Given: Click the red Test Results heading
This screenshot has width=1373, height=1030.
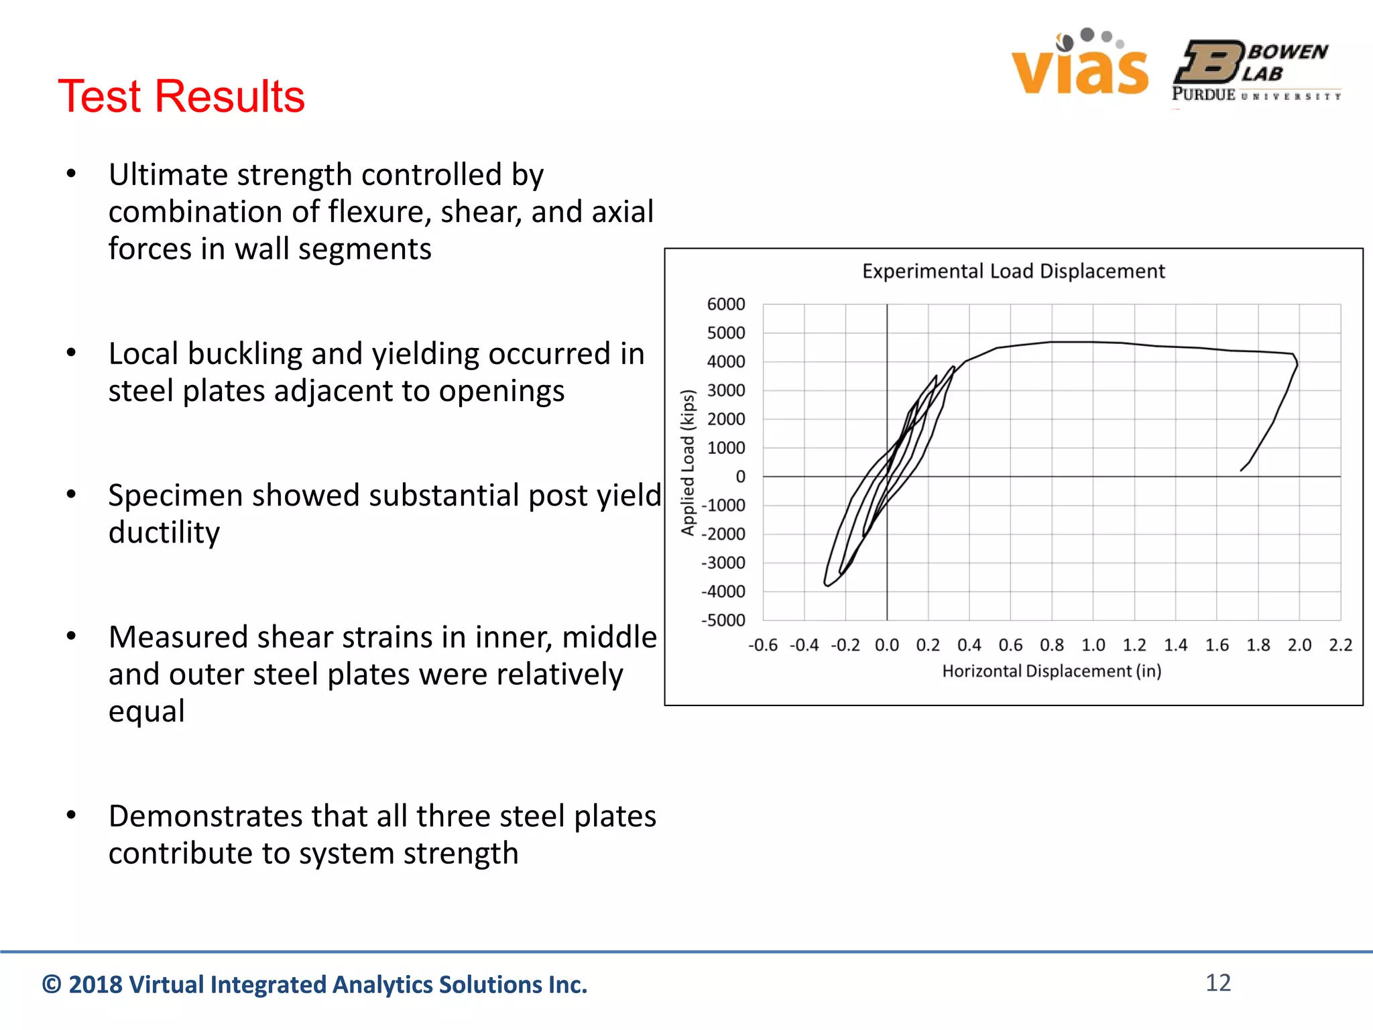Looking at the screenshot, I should [181, 96].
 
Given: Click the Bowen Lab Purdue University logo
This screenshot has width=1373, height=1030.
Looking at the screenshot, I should [1256, 71].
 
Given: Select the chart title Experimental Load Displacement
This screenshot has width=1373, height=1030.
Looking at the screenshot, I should [1013, 271].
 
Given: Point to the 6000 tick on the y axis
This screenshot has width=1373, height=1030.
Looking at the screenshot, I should [726, 304].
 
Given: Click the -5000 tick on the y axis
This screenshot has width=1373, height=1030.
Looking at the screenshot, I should [723, 620].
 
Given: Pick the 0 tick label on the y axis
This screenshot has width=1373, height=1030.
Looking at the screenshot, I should [740, 477].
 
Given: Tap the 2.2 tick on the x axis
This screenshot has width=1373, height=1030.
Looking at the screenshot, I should [1340, 645].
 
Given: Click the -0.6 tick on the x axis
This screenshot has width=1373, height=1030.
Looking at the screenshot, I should [763, 645].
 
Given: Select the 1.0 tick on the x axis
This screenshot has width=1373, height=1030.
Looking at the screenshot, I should [1093, 645].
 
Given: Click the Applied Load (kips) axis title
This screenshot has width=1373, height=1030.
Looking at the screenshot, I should [688, 463].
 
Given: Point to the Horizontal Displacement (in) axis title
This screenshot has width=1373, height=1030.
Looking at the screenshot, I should [1051, 671].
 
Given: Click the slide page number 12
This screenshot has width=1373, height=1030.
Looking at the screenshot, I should [1218, 983].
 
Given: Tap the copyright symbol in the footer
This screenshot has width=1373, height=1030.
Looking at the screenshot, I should [52, 984].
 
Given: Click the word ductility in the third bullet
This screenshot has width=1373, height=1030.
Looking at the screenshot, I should [164, 532].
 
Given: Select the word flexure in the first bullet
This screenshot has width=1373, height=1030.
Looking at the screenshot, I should [379, 212].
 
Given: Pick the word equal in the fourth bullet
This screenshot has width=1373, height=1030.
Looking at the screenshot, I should [146, 711].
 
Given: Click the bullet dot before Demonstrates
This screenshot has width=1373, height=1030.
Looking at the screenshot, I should [71, 815].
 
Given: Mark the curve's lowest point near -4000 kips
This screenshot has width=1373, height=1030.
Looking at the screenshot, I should [828, 585].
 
